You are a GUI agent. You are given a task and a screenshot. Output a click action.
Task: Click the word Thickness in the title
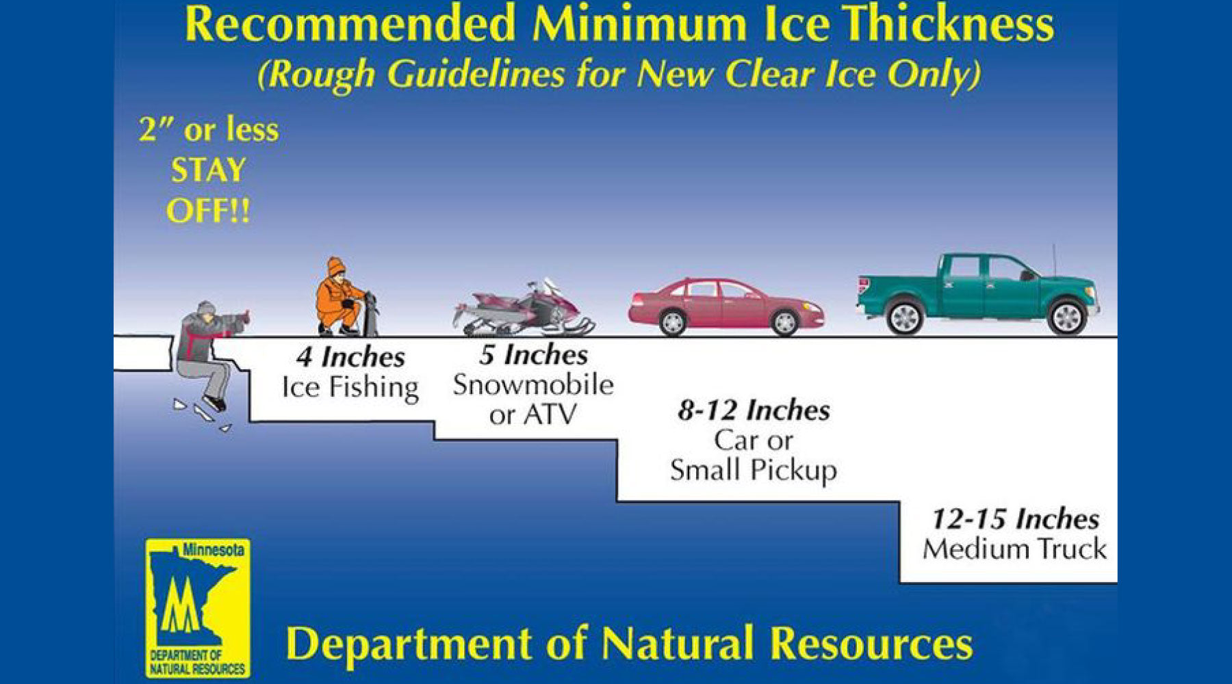coord(948,24)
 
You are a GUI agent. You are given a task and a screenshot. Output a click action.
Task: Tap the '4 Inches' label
coord(350,357)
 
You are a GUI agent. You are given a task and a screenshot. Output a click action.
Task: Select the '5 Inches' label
coord(533,354)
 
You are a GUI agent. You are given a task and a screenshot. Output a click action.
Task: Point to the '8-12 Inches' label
coord(754,410)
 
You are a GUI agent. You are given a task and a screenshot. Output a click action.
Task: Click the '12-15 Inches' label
coord(1015,519)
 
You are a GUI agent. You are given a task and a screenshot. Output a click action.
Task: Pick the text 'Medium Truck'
coord(1014,549)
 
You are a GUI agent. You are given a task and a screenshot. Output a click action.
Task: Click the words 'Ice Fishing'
coord(350,387)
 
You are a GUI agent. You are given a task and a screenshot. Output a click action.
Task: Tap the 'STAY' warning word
coord(208,170)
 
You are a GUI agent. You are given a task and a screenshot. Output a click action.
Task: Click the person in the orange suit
coord(340,296)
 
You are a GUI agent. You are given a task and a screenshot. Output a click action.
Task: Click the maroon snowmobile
coord(524,310)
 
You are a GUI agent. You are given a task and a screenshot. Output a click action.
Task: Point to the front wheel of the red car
coord(784,321)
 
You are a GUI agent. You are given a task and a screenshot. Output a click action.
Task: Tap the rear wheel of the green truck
coord(905,317)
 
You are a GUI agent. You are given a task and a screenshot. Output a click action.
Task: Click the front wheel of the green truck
coord(1066,317)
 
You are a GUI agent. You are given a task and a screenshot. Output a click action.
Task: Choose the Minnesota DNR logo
coord(198,608)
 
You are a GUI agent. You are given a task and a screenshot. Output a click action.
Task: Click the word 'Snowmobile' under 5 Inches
coord(533,384)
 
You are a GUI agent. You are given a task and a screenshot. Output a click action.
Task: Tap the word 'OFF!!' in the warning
coord(208,211)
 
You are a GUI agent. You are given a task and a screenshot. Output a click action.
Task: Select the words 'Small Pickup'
coord(754,471)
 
